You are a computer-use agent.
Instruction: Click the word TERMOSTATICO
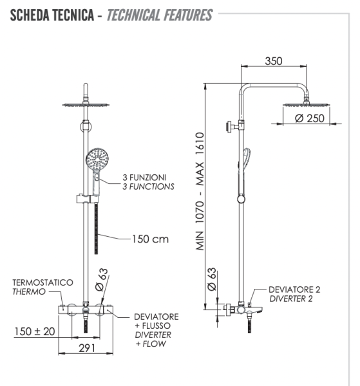coord(42,282)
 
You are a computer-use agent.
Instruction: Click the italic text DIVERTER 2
coord(290,299)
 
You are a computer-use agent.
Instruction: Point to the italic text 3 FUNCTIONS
coord(148,187)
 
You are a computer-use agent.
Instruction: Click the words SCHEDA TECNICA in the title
coord(50,14)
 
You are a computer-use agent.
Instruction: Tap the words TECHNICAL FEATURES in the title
coord(159,14)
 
